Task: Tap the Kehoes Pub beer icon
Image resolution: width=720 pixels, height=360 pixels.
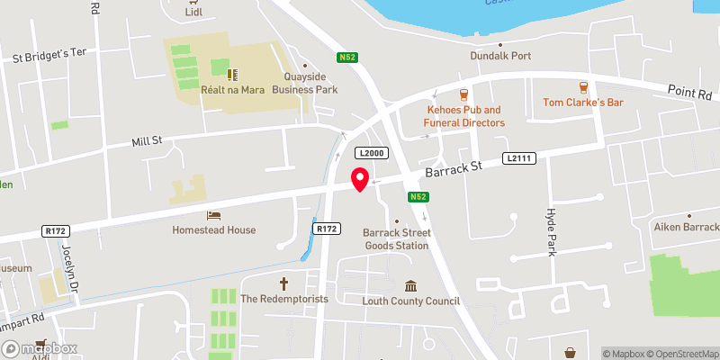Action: click(x=464, y=93)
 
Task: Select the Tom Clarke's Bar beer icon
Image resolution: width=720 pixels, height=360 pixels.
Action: click(x=583, y=87)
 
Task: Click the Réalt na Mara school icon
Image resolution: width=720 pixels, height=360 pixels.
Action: click(x=231, y=74)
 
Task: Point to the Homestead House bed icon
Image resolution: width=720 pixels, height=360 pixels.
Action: click(x=213, y=215)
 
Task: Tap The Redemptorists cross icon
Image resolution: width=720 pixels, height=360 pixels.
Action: click(x=284, y=283)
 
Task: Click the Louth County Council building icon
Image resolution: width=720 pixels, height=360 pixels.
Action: click(x=411, y=285)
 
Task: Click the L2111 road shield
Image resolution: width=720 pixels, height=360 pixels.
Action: click(x=519, y=159)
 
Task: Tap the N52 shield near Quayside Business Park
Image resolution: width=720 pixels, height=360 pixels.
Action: click(x=348, y=58)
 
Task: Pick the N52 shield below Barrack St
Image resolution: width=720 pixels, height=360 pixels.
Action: click(x=417, y=197)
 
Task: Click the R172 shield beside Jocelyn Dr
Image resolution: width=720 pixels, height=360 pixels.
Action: click(x=56, y=231)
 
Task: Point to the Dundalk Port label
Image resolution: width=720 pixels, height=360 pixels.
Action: click(x=500, y=56)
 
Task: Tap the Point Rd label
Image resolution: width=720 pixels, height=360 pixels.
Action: click(x=690, y=92)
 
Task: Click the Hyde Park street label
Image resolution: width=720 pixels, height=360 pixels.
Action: click(x=553, y=232)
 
